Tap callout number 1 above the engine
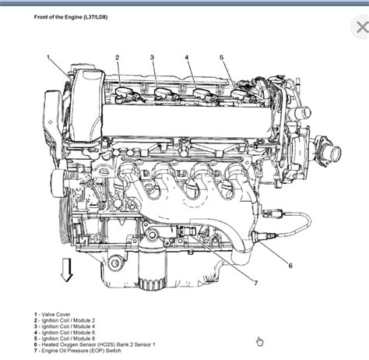[x=48, y=57]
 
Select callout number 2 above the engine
[x=118, y=57]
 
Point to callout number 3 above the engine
[x=153, y=57]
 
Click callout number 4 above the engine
[x=187, y=57]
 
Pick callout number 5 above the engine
[x=222, y=57]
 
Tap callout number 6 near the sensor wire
[x=290, y=266]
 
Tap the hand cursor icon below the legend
[x=259, y=341]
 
